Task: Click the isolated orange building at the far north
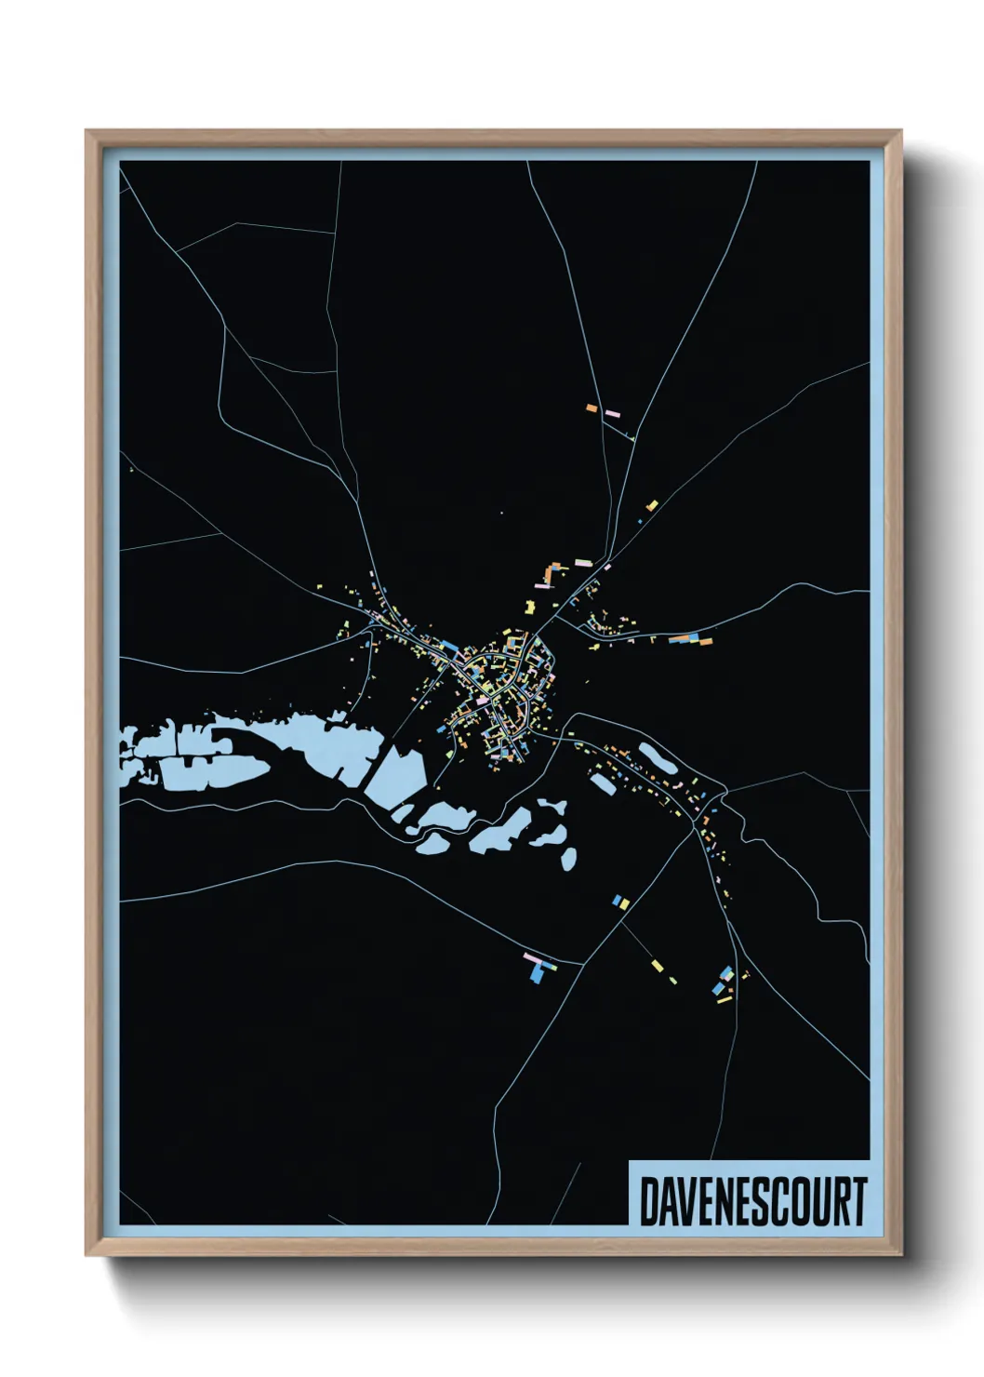point(592,408)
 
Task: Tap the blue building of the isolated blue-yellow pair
point(617,900)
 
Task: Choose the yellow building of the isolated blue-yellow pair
point(624,902)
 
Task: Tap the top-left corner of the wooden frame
point(87,132)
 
